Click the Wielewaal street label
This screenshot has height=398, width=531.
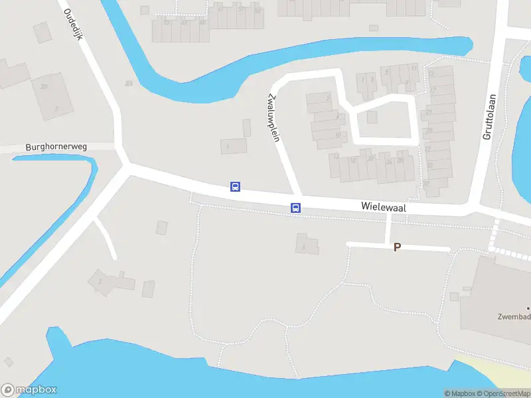click(x=383, y=207)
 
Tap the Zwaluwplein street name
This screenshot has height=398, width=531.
click(x=271, y=117)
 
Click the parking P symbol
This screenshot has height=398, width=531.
click(x=398, y=247)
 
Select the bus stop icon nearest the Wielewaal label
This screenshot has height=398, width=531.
click(x=296, y=208)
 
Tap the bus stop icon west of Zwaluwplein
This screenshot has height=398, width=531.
click(x=235, y=187)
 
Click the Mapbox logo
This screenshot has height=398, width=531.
click(x=29, y=390)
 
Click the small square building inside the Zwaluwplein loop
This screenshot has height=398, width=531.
click(x=372, y=117)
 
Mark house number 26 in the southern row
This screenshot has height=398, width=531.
click(x=388, y=161)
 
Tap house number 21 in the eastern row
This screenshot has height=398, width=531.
click(x=429, y=112)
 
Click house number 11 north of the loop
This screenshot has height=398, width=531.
click(x=414, y=68)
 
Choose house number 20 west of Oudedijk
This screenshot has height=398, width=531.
click(x=44, y=86)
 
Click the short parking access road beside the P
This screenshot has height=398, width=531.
click(x=425, y=248)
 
